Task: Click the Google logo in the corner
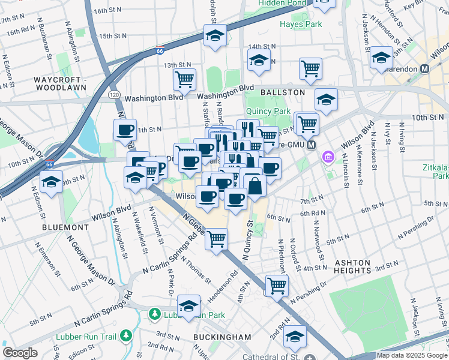pos(20,353)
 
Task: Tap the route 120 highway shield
pos(113,95)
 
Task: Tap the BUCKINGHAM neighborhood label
pos(222,337)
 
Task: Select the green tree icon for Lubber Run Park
pos(155,314)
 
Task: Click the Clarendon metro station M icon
pos(425,68)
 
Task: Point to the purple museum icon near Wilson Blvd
pos(328,158)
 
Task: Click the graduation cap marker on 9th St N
pos(52,181)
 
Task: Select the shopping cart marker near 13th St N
pos(184,78)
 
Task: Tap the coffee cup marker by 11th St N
pos(125,130)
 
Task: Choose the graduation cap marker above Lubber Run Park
pos(189,305)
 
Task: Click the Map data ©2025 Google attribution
pos(412,355)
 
